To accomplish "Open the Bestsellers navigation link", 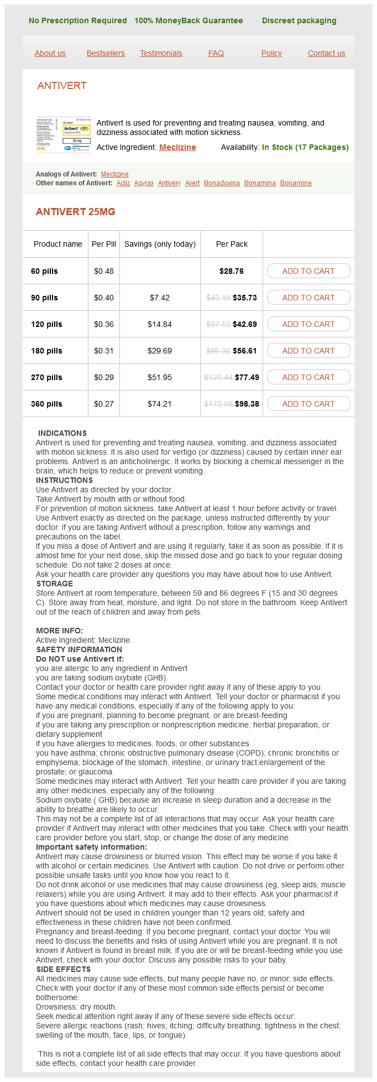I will [106, 53].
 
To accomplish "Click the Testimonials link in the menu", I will [161, 53].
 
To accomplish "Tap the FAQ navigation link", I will [216, 53].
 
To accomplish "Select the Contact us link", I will [326, 53].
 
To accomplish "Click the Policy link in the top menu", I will [271, 53].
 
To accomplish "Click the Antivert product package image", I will [64, 134].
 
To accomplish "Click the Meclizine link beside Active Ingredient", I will [177, 147].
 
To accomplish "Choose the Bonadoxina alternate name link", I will [222, 183].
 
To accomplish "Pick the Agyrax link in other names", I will [144, 183].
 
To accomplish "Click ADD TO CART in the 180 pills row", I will [308, 351].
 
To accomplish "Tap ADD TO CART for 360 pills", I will [308, 404].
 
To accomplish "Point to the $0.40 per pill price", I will [104, 298].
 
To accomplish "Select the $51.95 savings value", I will [160, 377].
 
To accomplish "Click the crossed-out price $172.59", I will [218, 404].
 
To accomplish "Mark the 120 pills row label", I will [46, 324].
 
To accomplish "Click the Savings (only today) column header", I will [160, 244].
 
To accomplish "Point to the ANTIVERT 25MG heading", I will [75, 212].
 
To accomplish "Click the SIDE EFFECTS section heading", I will [64, 969].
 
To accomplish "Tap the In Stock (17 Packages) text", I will [305, 147].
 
